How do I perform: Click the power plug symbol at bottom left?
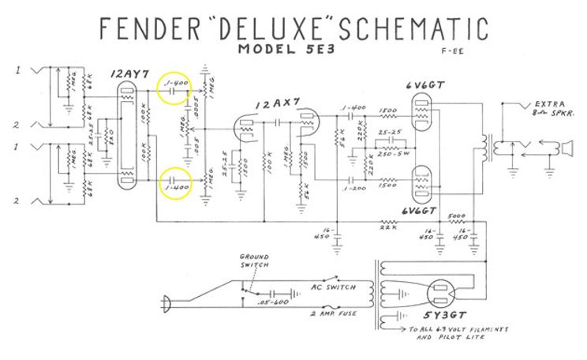[x=166, y=300]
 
